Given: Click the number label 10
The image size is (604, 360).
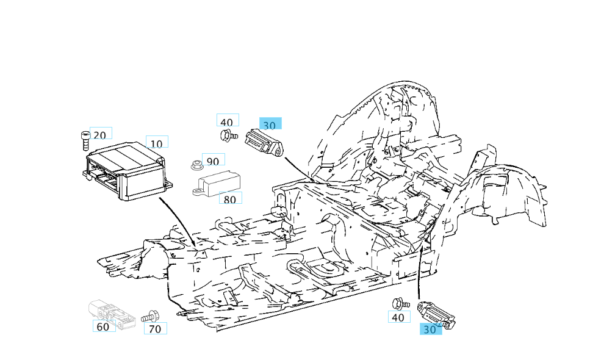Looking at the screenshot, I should (157, 143).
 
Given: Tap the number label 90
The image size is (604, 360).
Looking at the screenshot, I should (213, 161).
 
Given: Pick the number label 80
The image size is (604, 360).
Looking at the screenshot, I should (230, 199).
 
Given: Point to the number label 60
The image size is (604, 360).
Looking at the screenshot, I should (103, 327).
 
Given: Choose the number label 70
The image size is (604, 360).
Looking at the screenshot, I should (155, 329).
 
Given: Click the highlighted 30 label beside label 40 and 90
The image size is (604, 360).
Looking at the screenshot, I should (270, 125).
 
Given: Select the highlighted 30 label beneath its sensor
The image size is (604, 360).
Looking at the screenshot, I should (431, 329).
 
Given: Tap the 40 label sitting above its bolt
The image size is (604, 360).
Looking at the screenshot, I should (227, 122).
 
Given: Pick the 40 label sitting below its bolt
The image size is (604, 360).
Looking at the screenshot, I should (398, 317).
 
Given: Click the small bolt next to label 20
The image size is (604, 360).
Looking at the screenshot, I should (84, 140).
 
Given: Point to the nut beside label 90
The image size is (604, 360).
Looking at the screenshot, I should (196, 164).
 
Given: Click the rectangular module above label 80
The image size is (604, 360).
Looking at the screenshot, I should (217, 182).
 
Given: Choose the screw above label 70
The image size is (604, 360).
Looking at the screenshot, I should (150, 317).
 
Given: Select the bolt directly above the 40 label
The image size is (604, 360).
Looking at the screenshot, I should (400, 303).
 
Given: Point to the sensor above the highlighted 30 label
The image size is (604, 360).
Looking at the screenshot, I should (436, 314).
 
